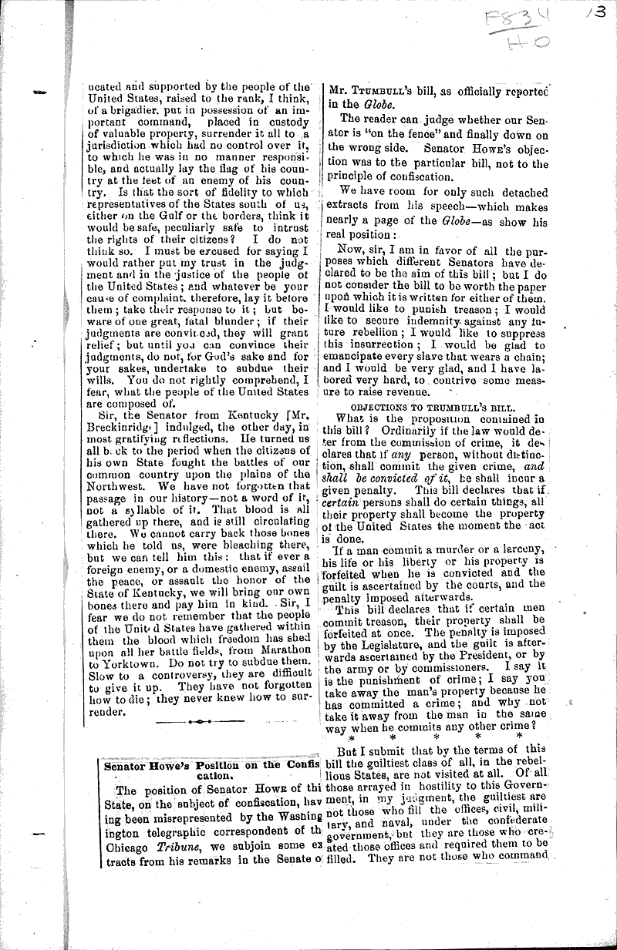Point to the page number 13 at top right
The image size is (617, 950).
pyautogui.click(x=601, y=15)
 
